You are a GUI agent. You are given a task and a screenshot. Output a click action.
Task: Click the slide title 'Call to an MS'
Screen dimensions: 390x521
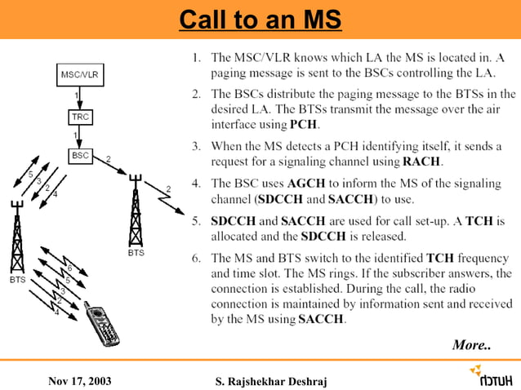(x=260, y=19)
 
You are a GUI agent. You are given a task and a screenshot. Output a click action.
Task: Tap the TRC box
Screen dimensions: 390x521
(x=80, y=117)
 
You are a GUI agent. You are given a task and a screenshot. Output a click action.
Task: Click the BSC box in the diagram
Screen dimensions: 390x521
(x=81, y=155)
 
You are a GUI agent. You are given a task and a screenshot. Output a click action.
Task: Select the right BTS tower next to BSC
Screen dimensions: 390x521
(x=135, y=214)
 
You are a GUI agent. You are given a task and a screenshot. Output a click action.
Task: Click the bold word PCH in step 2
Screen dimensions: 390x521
(x=305, y=125)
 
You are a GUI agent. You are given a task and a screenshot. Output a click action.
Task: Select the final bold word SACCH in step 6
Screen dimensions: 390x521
(x=323, y=318)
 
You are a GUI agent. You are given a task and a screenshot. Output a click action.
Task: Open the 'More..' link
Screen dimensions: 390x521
(x=471, y=345)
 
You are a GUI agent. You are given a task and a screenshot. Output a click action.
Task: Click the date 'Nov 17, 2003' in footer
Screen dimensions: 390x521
(x=80, y=380)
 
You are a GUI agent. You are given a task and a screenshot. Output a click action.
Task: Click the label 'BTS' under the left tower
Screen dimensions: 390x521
(x=16, y=279)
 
